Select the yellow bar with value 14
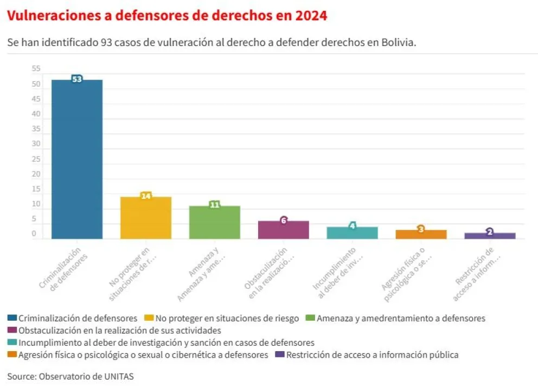(145, 218)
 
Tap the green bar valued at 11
(214, 222)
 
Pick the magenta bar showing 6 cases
(283, 230)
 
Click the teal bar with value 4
(352, 233)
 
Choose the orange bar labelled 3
(421, 234)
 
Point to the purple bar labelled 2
(490, 236)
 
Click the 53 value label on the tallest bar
(77, 79)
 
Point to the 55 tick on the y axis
(36, 69)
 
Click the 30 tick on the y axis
(36, 144)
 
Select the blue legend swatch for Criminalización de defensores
(12, 318)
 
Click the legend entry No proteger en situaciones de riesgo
(227, 318)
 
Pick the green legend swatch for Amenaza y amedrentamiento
(311, 318)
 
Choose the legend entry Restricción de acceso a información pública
(372, 355)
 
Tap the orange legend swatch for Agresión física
(12, 355)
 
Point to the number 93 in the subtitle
(106, 43)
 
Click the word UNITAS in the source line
(118, 376)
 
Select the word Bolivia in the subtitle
(399, 43)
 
